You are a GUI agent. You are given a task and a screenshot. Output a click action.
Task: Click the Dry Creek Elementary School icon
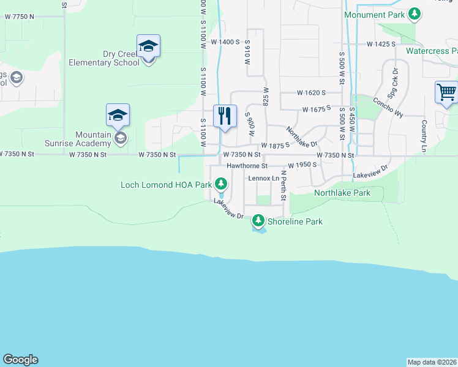tap(148, 46)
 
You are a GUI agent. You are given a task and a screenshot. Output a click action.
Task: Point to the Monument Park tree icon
tap(415, 13)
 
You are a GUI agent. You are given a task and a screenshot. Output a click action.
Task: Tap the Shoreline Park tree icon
tap(258, 220)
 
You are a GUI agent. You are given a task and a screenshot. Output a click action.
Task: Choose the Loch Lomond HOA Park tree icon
tap(220, 183)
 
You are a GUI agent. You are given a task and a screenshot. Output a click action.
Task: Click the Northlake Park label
tap(342, 193)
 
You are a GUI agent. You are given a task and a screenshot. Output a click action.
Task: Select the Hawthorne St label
tap(247, 166)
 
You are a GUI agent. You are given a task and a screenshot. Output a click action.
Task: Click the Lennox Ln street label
tap(263, 178)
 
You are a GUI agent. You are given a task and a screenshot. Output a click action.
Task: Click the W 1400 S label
tap(225, 42)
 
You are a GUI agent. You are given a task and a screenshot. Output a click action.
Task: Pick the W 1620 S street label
tap(310, 93)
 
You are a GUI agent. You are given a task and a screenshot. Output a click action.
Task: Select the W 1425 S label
tap(380, 45)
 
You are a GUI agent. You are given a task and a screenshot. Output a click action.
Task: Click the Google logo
tap(20, 360)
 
